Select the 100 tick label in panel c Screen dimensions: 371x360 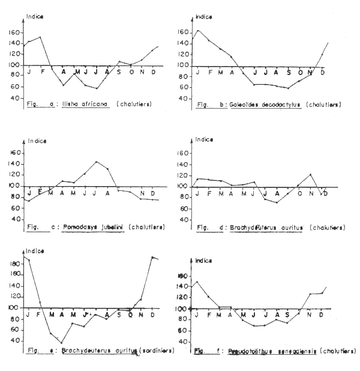click(14, 186)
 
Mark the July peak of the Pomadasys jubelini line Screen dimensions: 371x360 click(95, 161)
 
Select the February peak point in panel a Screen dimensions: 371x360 click(40, 37)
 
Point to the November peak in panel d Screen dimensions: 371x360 click(310, 174)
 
